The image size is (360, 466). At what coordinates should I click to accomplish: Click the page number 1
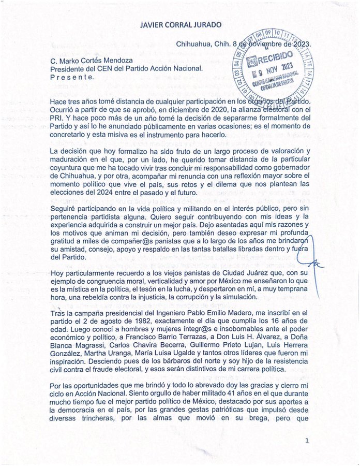[307, 440]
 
